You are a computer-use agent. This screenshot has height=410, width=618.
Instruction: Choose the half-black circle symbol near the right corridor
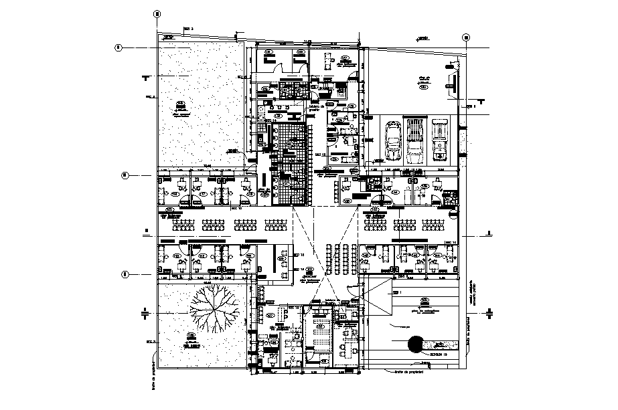coord(455,213)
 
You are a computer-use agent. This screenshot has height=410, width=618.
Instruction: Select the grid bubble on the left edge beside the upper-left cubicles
coord(124,176)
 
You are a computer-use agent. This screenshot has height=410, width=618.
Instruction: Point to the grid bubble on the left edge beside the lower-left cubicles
coord(124,274)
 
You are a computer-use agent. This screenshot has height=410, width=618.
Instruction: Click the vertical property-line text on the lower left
coord(153,375)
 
